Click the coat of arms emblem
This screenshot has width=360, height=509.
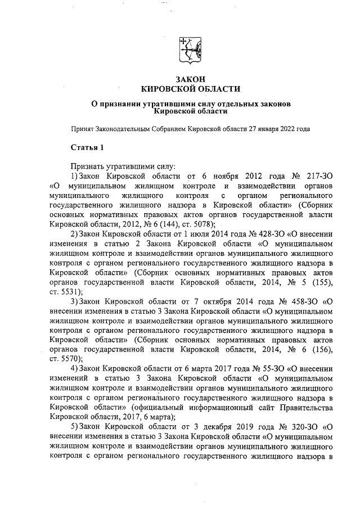(190, 48)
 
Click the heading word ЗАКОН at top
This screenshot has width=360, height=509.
(190, 79)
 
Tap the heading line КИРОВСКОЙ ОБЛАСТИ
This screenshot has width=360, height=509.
(190, 89)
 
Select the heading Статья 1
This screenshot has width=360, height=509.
(87, 148)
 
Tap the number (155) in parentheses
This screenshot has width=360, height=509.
(323, 282)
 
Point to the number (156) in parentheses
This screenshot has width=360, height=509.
(323, 349)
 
